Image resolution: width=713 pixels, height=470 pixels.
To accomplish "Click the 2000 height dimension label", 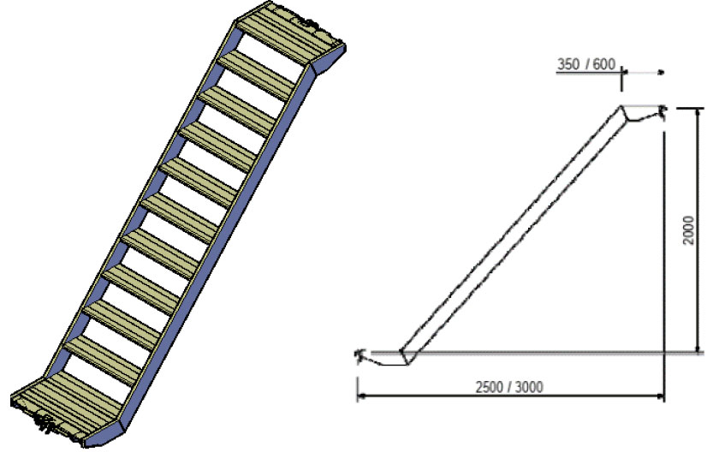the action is coord(689,230).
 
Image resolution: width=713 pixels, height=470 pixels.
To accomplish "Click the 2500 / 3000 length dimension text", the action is coord(509,387).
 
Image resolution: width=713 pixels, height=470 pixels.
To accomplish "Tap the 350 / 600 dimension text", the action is coord(586,64).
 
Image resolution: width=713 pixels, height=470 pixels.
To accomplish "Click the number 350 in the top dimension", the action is coord(568,64).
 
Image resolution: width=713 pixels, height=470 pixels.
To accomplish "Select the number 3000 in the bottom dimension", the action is coord(528,387).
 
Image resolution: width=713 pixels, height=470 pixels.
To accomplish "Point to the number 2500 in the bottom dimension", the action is coord(489,387).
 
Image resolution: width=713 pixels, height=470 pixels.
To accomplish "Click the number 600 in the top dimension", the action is coord(603,64).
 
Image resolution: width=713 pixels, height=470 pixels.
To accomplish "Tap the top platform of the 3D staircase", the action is coord(291,33).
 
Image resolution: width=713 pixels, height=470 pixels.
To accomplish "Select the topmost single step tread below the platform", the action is coord(257,75).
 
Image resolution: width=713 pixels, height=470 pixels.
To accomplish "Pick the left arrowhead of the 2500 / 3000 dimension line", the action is coord(361,396).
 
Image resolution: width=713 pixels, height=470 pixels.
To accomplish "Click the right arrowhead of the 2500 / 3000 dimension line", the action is coord(659,396).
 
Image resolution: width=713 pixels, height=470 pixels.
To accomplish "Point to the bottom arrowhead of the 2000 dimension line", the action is coord(697,348).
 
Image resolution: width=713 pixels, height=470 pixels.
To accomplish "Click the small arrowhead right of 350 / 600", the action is coord(662,72).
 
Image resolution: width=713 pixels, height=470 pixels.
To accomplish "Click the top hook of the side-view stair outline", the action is coord(643,114).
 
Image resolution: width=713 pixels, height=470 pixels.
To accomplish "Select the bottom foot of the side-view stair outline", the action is coord(384,357).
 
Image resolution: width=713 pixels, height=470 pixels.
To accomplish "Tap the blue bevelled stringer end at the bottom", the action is coord(104,435).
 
